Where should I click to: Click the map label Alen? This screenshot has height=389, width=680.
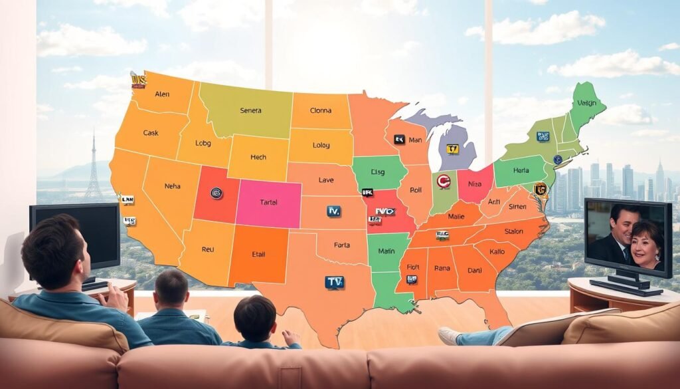[163, 94]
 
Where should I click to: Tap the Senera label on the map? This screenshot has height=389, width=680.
[250, 110]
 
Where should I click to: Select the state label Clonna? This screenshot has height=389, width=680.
[321, 110]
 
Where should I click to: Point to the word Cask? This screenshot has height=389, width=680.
[151, 133]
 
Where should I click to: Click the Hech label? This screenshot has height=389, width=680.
[258, 158]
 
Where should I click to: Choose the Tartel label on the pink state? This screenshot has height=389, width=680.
[269, 202]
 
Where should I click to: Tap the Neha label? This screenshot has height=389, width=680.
[173, 187]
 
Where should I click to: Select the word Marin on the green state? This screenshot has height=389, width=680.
[386, 251]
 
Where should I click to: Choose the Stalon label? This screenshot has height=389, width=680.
[514, 231]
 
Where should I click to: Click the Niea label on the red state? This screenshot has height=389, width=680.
[475, 184]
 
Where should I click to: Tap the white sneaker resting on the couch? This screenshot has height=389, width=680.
[449, 336]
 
